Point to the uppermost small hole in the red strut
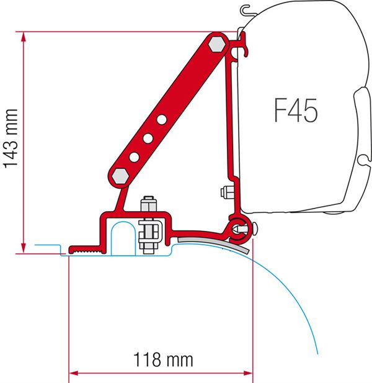tap(161, 119)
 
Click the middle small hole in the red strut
tap(147, 137)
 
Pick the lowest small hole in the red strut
tap(133, 156)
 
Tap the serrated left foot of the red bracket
tap(84, 249)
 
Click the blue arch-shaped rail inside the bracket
tap(122, 236)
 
